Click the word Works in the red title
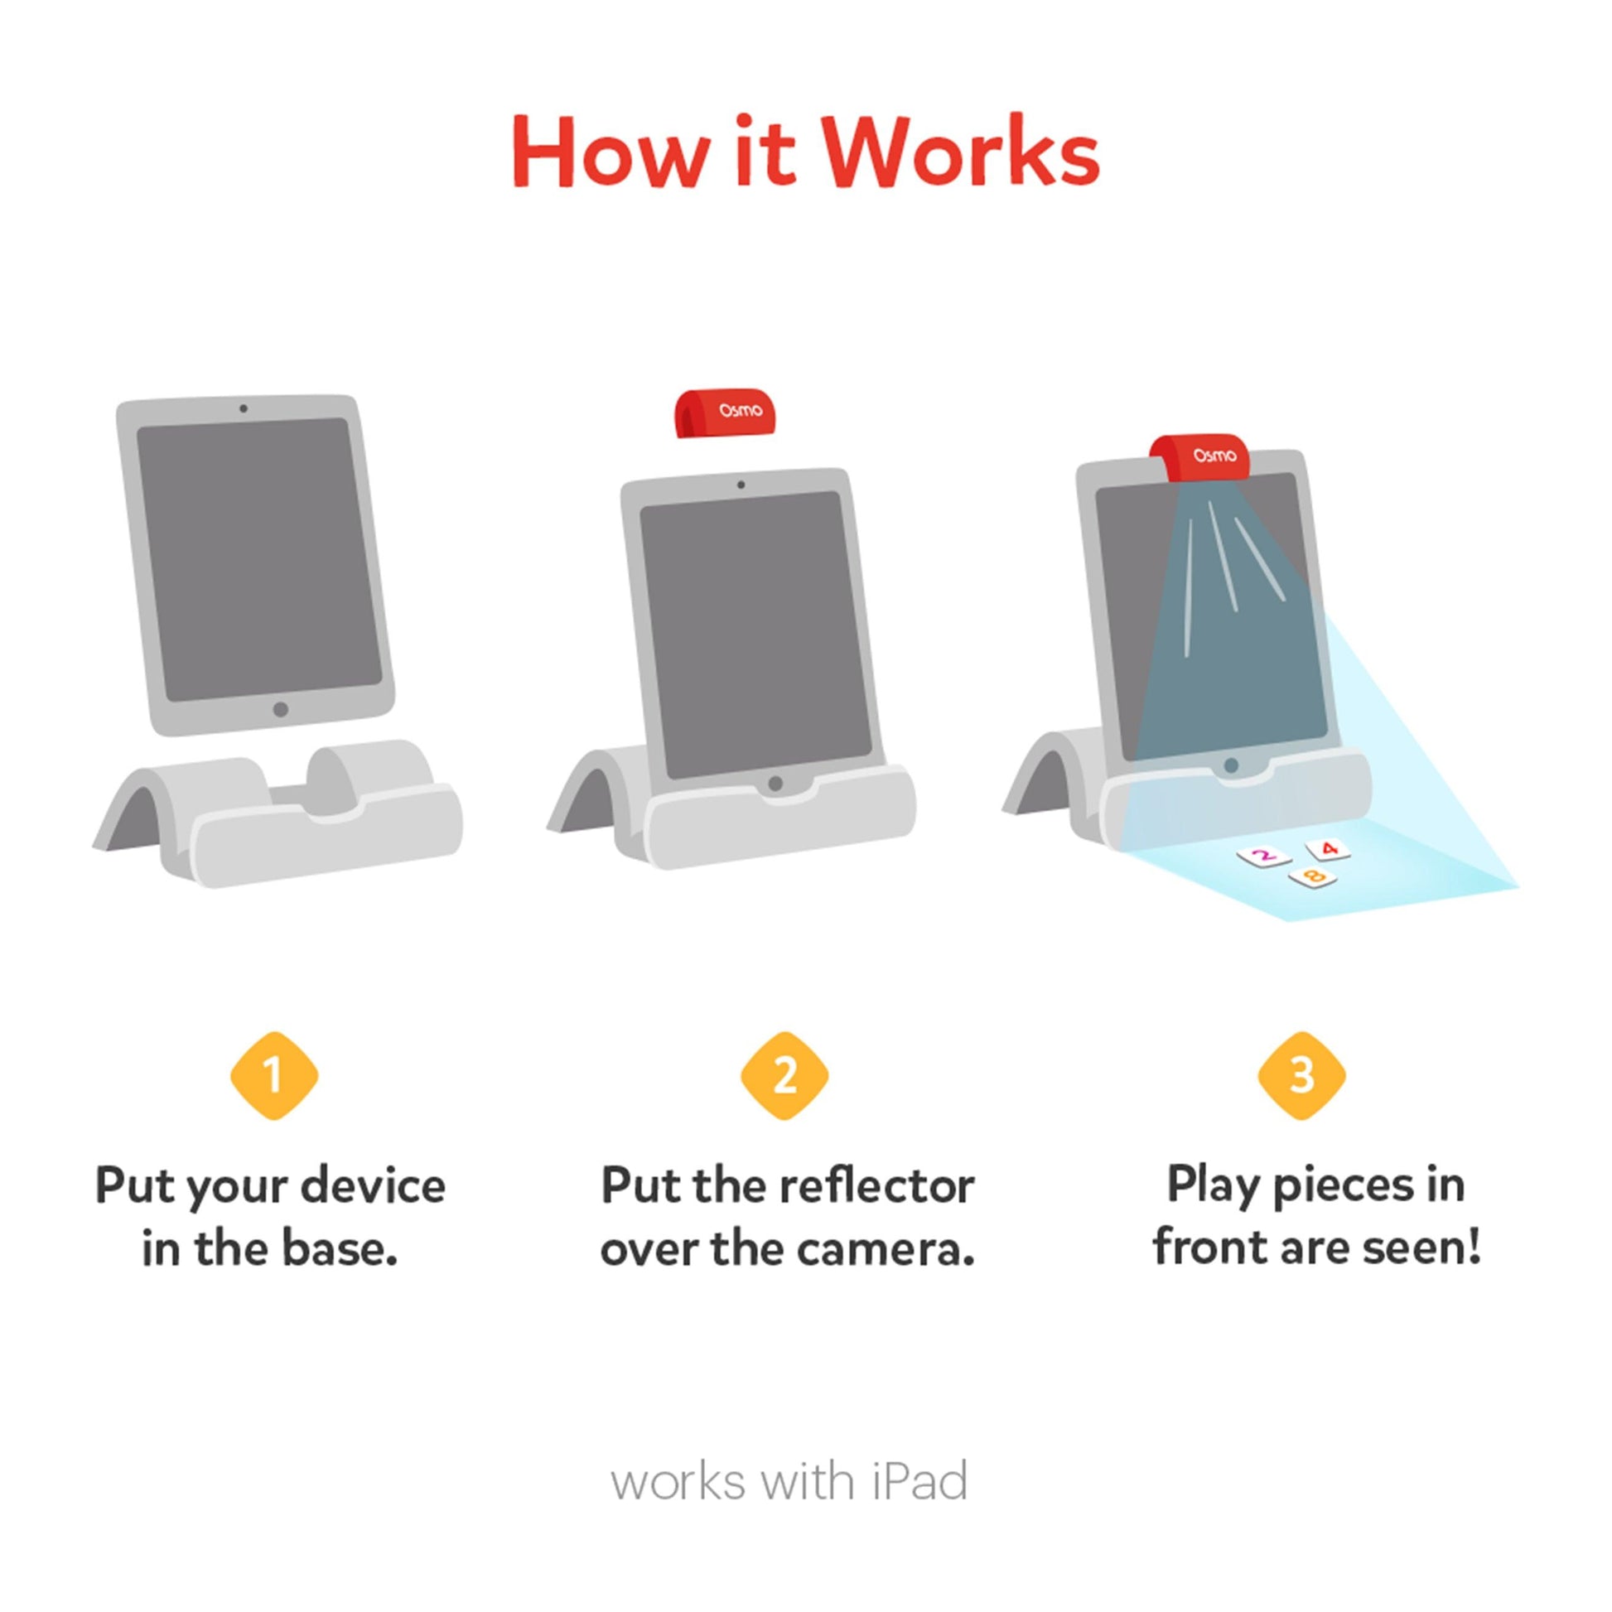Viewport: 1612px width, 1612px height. (962, 152)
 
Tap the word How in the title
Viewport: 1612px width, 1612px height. (611, 152)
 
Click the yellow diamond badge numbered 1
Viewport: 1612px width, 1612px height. (274, 1076)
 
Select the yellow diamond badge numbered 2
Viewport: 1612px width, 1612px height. (784, 1076)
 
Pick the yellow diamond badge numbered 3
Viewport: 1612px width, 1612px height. (1301, 1076)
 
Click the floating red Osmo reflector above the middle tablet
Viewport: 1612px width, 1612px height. (729, 413)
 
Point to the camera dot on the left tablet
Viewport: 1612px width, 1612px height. (243, 409)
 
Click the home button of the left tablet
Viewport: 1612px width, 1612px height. (280, 709)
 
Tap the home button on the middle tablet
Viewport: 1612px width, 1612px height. (775, 784)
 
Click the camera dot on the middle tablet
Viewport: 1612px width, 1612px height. (741, 485)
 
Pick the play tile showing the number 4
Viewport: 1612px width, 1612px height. (1329, 849)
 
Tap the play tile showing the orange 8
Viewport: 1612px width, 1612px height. (1314, 877)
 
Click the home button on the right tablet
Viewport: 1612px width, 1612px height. (1230, 765)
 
